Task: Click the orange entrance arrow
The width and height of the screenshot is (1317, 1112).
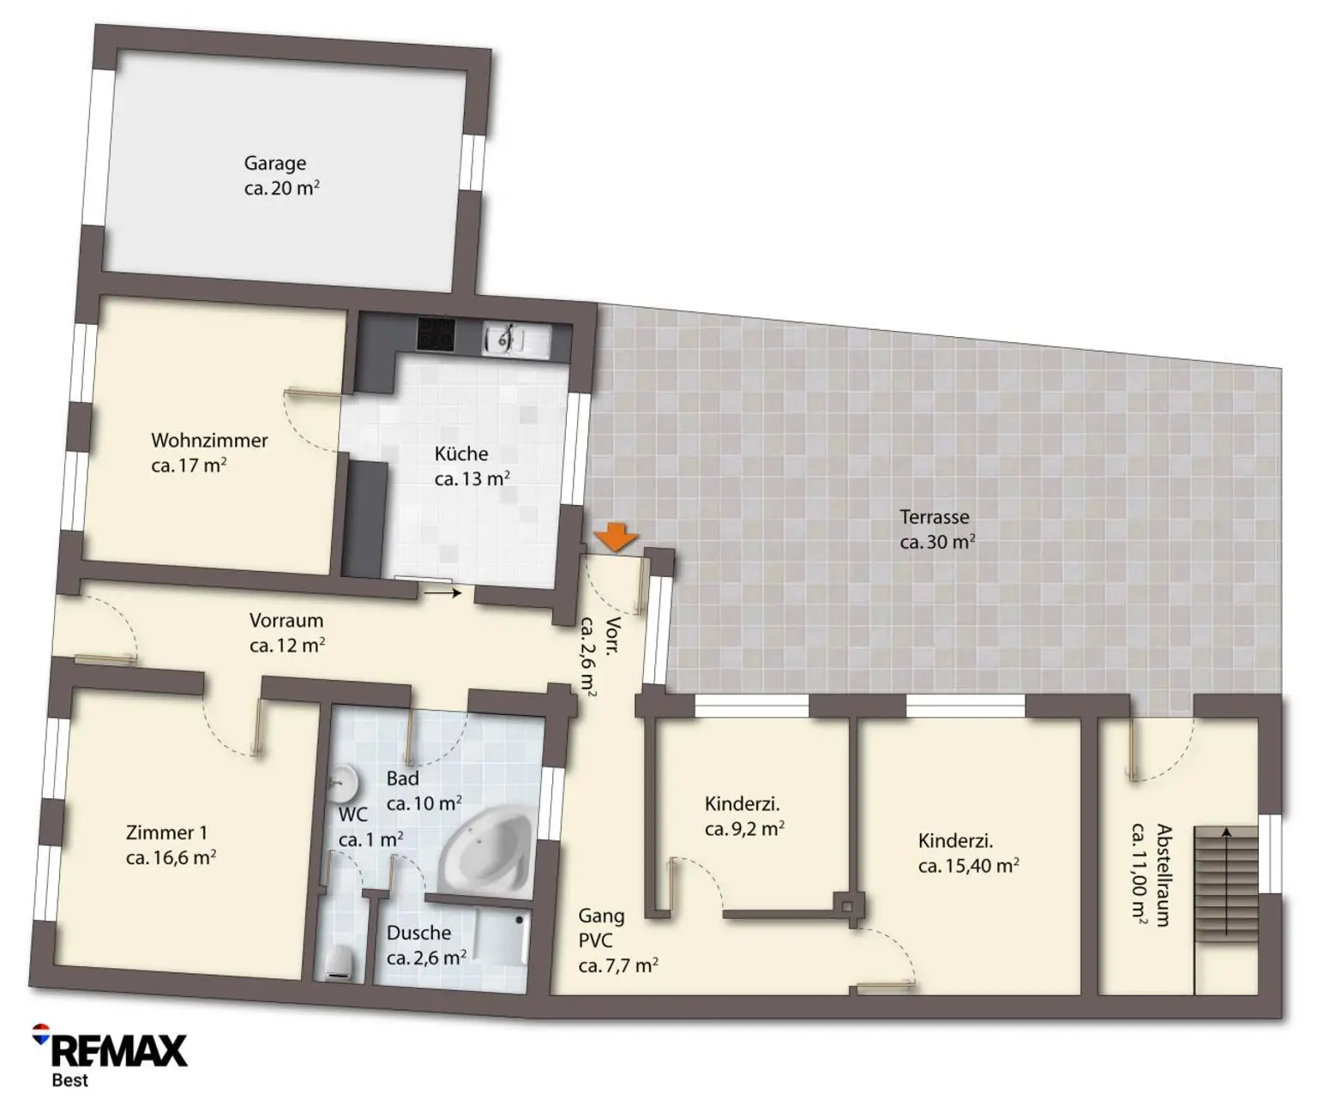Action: pos(616,537)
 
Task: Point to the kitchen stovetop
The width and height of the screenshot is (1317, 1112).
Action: pos(436,334)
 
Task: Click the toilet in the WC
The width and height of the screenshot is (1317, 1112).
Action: pos(342,963)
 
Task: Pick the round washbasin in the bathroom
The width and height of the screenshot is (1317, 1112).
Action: pos(344,784)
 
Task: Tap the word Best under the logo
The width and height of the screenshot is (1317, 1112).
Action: pos(70,1080)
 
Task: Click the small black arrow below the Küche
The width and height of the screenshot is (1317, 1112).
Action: pos(442,592)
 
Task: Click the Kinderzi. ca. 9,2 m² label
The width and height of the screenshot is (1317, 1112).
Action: pos(744,815)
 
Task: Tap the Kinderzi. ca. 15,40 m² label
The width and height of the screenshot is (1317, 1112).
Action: pos(968,853)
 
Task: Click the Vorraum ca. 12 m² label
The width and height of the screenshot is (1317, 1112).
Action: pos(287,633)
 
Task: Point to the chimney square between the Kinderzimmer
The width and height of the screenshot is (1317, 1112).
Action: pos(848,907)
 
